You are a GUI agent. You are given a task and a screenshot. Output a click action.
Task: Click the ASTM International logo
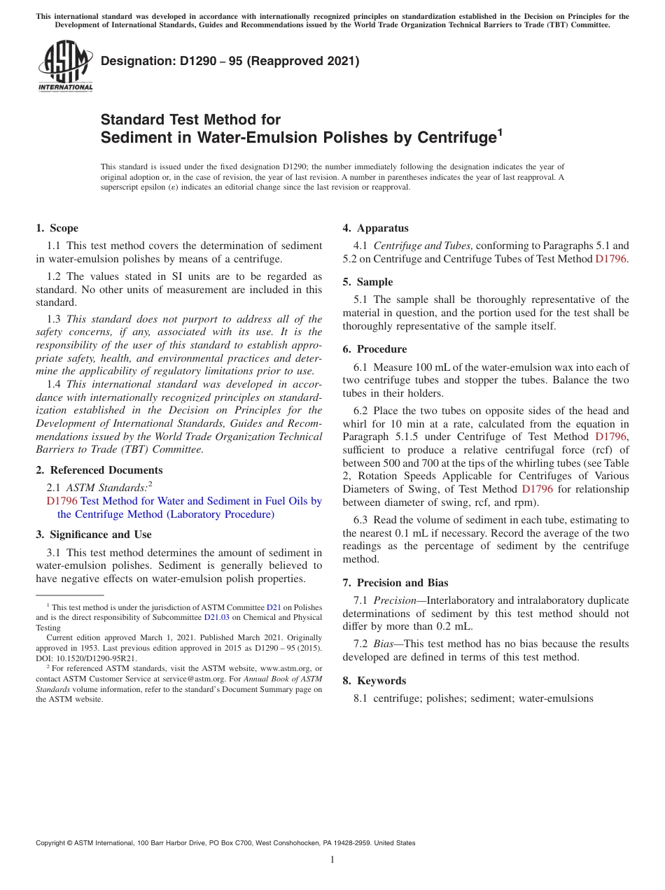(65, 66)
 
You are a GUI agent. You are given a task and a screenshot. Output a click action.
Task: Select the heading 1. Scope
(57, 228)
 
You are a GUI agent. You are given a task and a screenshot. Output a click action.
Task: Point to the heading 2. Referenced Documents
(99, 470)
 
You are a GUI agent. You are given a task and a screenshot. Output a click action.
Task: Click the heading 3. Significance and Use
(94, 535)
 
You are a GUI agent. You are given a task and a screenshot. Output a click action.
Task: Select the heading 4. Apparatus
(376, 228)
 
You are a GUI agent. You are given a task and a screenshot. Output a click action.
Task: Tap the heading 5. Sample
(368, 282)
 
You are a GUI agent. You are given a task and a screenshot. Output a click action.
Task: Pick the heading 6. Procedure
(374, 349)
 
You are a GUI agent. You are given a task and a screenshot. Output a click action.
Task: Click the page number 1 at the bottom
(332, 859)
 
